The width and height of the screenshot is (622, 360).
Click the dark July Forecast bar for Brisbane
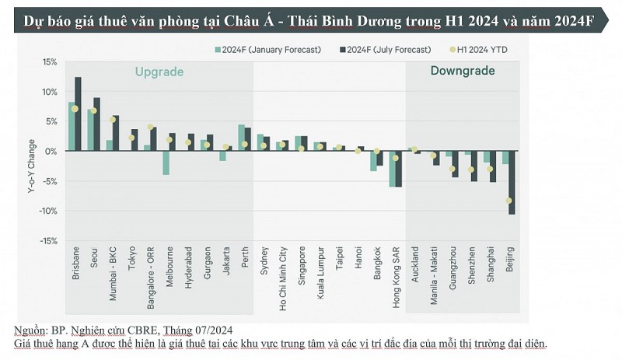(78, 114)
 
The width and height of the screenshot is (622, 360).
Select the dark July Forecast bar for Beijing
(512, 182)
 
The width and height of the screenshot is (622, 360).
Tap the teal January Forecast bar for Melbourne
(166, 163)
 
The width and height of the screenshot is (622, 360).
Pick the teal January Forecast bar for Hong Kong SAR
(393, 169)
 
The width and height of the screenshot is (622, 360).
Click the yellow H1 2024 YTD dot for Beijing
(508, 201)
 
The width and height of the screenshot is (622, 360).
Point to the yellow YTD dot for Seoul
(93, 110)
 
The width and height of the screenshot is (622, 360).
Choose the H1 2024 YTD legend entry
(483, 50)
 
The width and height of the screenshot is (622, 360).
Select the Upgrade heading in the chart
(159, 72)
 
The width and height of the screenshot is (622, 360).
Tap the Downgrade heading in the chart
(463, 71)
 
